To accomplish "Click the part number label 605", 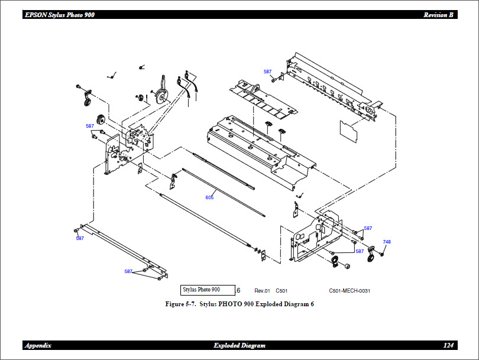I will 209,197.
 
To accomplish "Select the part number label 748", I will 387,242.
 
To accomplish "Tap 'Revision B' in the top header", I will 438,15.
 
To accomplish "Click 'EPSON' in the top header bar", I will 36,15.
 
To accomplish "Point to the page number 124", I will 448,345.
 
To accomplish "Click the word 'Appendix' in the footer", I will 38,345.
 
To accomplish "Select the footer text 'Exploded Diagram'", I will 239,345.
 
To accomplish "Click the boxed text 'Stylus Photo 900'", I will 202,290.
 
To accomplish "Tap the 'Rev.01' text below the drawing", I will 262,291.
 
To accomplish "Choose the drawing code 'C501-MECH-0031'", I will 349,291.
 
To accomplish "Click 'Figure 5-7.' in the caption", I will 180,304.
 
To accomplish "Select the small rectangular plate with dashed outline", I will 349,131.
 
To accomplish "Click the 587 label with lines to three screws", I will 128,271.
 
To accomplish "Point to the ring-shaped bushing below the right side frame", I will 334,261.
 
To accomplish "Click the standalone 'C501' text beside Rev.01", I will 281,291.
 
